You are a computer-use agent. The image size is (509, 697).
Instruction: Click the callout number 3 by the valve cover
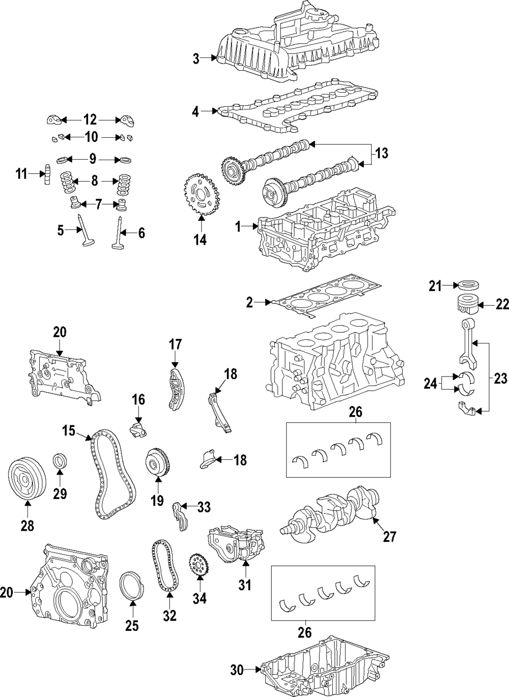[x=196, y=59]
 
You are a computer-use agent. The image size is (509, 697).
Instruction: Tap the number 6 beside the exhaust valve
[x=141, y=233]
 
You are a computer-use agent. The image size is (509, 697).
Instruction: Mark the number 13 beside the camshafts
[x=381, y=153]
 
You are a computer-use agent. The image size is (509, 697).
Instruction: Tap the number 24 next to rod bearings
[x=431, y=384]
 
